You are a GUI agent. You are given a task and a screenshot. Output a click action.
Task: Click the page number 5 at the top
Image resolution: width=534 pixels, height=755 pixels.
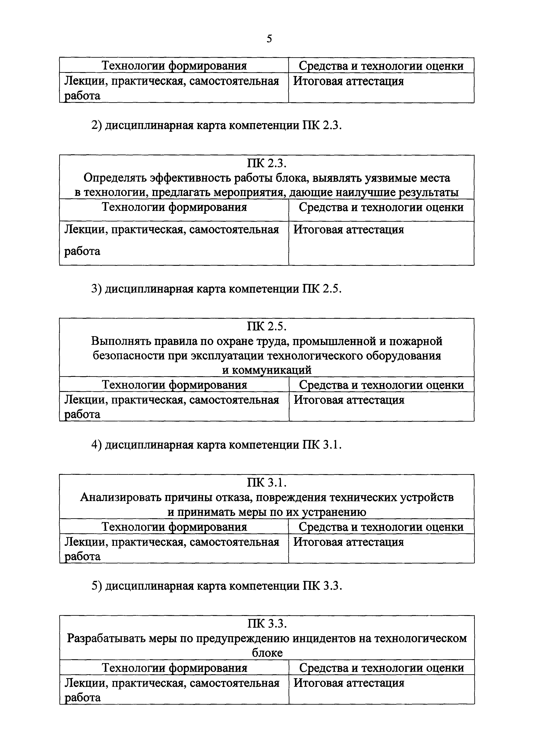(x=269, y=39)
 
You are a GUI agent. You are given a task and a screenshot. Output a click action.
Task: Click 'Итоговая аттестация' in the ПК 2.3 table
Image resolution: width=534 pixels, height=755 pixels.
(x=348, y=229)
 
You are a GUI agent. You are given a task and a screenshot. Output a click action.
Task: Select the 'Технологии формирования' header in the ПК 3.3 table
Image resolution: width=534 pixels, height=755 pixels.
(x=174, y=668)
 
